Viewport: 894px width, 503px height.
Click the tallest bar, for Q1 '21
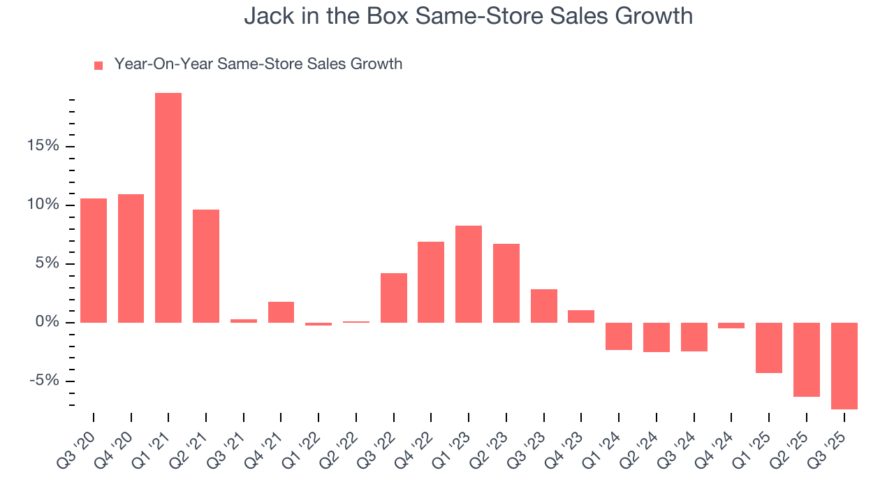click(x=168, y=207)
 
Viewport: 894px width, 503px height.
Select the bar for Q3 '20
click(x=94, y=261)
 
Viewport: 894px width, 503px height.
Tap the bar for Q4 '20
click(x=131, y=258)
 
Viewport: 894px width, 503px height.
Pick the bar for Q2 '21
click(x=206, y=266)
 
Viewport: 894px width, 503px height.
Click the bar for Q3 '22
click(x=394, y=298)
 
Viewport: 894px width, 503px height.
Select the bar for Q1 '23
click(x=469, y=274)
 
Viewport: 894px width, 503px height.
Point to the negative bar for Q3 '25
click(x=844, y=365)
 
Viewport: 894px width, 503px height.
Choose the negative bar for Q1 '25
click(x=769, y=347)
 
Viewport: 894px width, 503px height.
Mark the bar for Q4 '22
click(x=431, y=282)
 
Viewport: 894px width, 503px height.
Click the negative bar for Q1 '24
click(x=619, y=336)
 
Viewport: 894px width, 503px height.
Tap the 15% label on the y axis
click(x=44, y=147)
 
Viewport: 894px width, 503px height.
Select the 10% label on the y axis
click(x=44, y=205)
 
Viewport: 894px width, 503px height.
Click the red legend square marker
click(x=98, y=65)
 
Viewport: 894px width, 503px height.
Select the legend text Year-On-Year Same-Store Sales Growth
click(x=258, y=64)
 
